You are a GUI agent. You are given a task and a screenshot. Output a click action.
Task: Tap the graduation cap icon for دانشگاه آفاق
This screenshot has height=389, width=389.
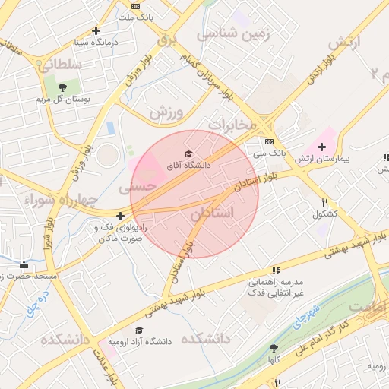188,154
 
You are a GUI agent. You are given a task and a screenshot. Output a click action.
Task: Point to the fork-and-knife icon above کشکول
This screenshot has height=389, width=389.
325,202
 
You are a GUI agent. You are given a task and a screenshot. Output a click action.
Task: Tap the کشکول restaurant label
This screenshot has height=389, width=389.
325,214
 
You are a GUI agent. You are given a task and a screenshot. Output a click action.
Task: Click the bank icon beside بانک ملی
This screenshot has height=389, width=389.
269,141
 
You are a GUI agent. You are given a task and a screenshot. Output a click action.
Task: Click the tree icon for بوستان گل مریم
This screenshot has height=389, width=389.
62,87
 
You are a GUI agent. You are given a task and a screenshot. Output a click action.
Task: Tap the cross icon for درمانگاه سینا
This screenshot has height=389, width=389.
96,31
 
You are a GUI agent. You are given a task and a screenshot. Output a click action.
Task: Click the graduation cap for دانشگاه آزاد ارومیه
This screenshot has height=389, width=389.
138,330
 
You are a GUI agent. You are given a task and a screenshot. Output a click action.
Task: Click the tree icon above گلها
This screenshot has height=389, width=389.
274,348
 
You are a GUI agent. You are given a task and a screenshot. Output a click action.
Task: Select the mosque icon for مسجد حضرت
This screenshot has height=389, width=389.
24,265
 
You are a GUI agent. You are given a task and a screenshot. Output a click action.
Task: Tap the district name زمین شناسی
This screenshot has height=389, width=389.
229,34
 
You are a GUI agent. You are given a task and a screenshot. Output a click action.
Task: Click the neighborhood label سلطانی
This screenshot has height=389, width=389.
59,66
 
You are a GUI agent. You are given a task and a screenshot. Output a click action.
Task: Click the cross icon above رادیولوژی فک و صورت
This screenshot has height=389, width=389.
120,216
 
